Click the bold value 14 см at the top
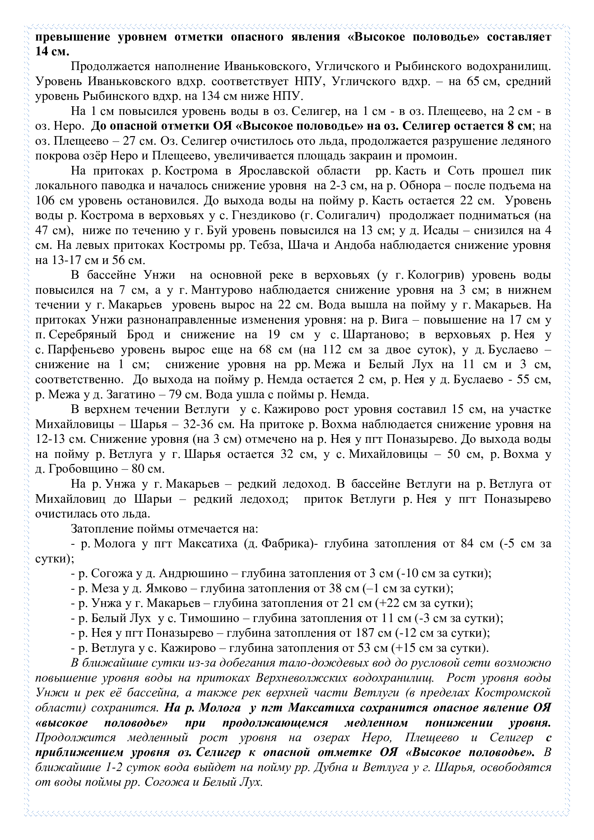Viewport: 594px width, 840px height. point(52,52)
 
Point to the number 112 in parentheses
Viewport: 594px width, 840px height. point(332,350)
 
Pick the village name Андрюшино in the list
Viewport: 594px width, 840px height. point(194,574)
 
